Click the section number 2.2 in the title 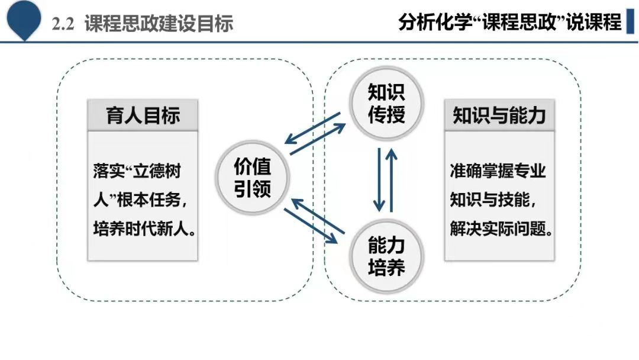coord(63,24)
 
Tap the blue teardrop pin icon coord(24,18)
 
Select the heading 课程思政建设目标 coord(159,24)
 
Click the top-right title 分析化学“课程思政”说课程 coord(510,21)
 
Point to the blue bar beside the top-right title coord(631,21)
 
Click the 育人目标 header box coord(143,115)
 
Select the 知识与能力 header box coord(499,115)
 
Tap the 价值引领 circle coord(252,178)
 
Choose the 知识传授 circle coord(386,103)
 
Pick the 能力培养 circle coord(386,256)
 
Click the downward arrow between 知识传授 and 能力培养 coord(379,179)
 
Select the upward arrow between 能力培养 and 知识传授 coord(392,180)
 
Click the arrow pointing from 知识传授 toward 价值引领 coord(312,128)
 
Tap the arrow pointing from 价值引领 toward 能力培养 coord(311,226)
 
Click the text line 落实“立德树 coord(137,171)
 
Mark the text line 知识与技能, coord(493,200)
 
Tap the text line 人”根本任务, coord(140,200)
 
